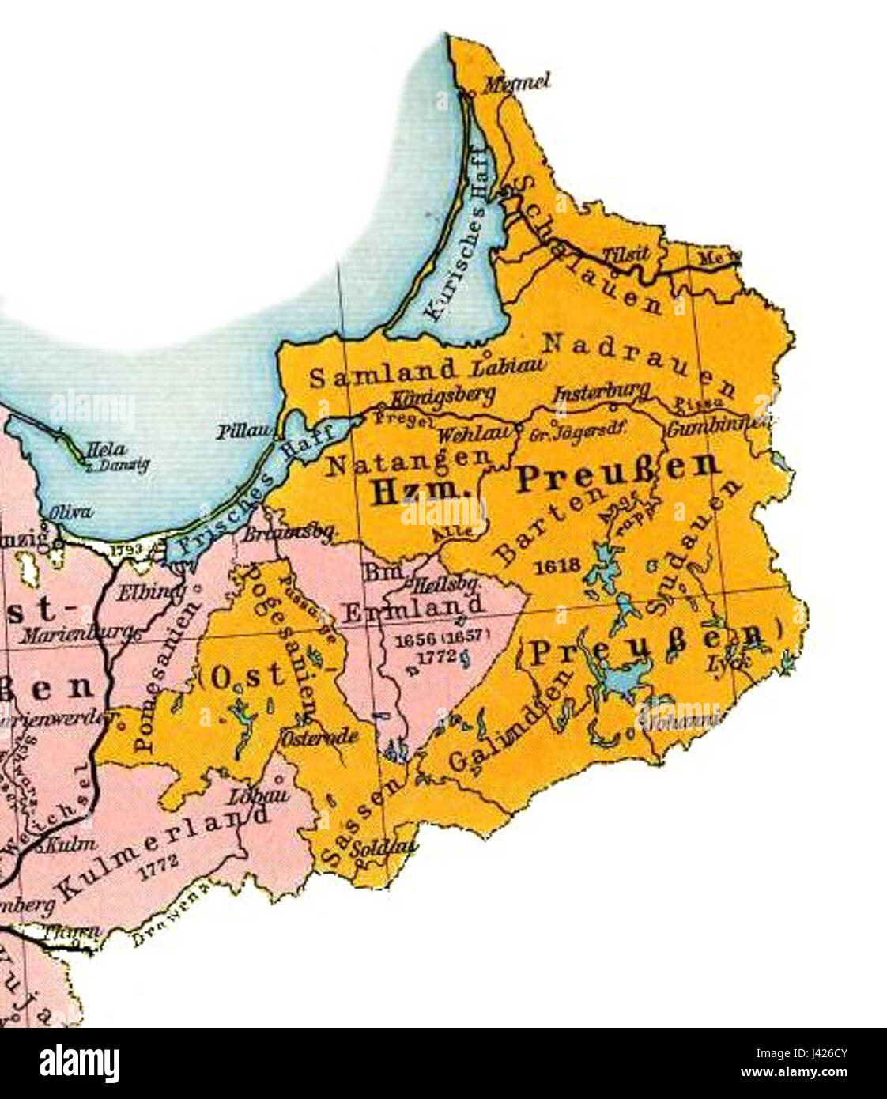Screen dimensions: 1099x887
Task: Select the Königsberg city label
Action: pos(443,395)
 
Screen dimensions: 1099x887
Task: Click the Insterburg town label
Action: pos(602,391)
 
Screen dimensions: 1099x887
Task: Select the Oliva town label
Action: pos(70,512)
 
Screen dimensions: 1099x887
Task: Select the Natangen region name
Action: pos(408,463)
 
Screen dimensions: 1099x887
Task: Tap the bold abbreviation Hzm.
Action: pos(414,490)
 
